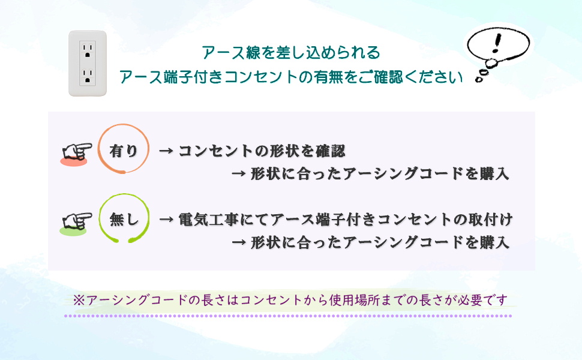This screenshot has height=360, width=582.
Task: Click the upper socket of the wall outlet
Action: (x=88, y=50)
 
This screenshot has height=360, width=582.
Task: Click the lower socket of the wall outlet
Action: (x=88, y=76)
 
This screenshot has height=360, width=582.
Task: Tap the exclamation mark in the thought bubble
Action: (x=497, y=43)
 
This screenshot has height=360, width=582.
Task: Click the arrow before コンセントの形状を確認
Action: (x=166, y=151)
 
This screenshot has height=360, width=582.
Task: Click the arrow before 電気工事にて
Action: (x=166, y=220)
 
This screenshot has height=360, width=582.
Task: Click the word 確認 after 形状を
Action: (x=331, y=151)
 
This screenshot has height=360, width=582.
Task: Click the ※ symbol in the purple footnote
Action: (x=79, y=300)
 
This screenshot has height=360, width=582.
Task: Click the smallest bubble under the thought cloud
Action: (x=479, y=79)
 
